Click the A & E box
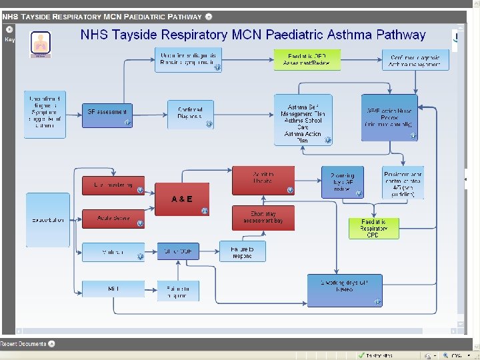point(181,199)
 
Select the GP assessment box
point(107,112)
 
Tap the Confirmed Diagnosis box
point(190,113)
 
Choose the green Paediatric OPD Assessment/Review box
point(307,60)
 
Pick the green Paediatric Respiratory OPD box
point(373,228)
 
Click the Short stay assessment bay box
point(263,218)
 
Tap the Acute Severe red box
point(113,219)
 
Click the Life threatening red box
point(113,185)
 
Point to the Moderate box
point(113,253)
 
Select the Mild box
point(113,288)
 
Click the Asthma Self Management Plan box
point(303,119)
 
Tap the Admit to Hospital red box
point(263,180)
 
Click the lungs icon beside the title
point(41,44)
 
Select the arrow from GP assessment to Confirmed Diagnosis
point(149,112)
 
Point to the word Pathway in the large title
point(400,35)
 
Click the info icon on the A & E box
point(205,211)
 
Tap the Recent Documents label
point(24,344)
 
